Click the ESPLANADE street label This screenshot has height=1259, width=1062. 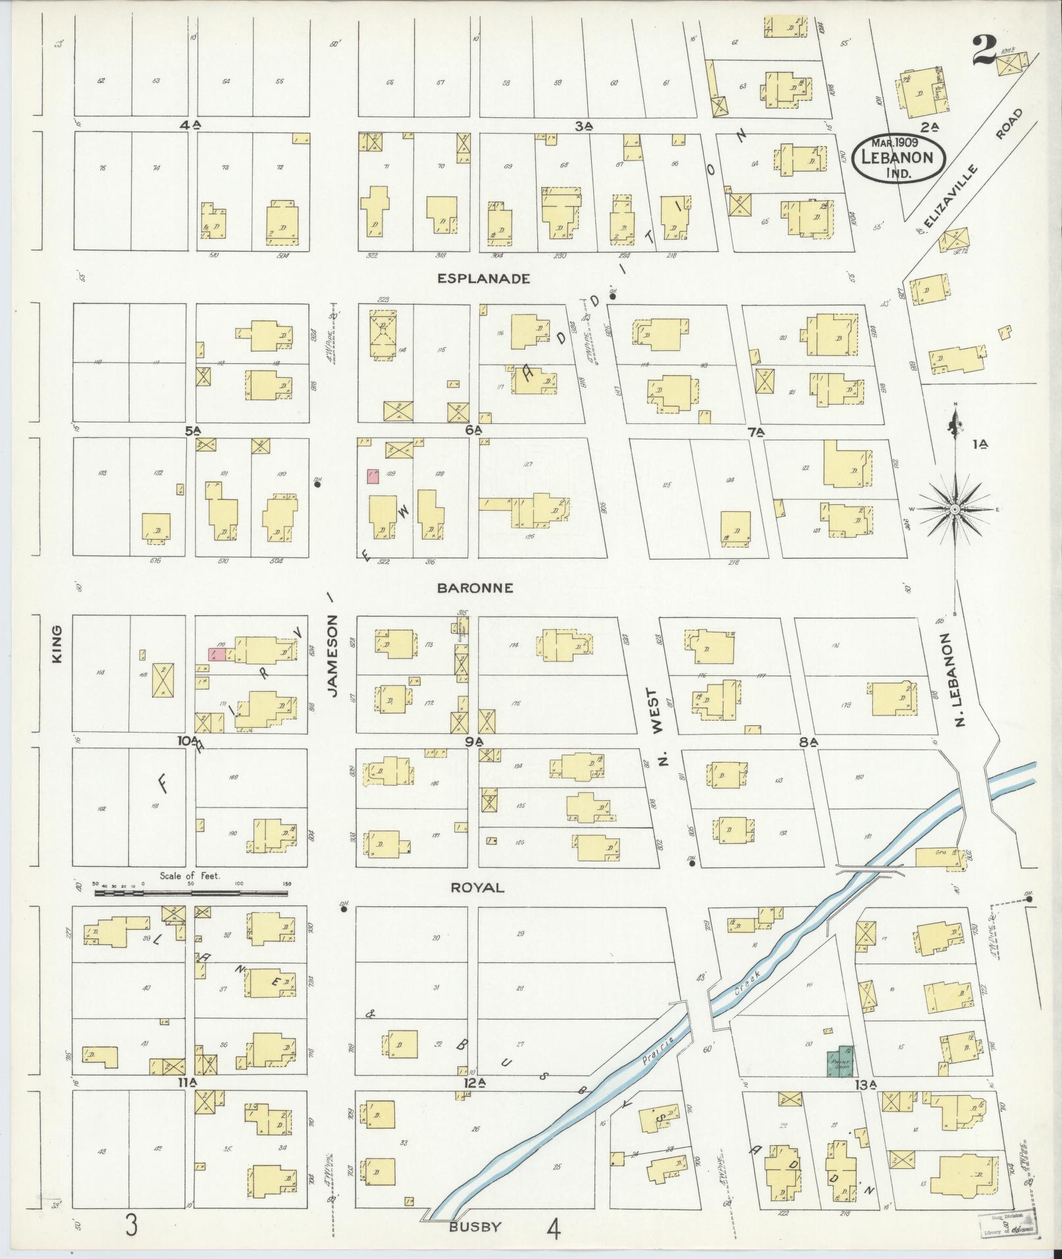484,278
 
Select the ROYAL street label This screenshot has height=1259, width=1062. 478,888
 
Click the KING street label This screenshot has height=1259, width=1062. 57,644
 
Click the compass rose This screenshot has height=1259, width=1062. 955,509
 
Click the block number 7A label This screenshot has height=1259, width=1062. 755,432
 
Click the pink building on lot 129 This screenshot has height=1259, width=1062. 373,476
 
